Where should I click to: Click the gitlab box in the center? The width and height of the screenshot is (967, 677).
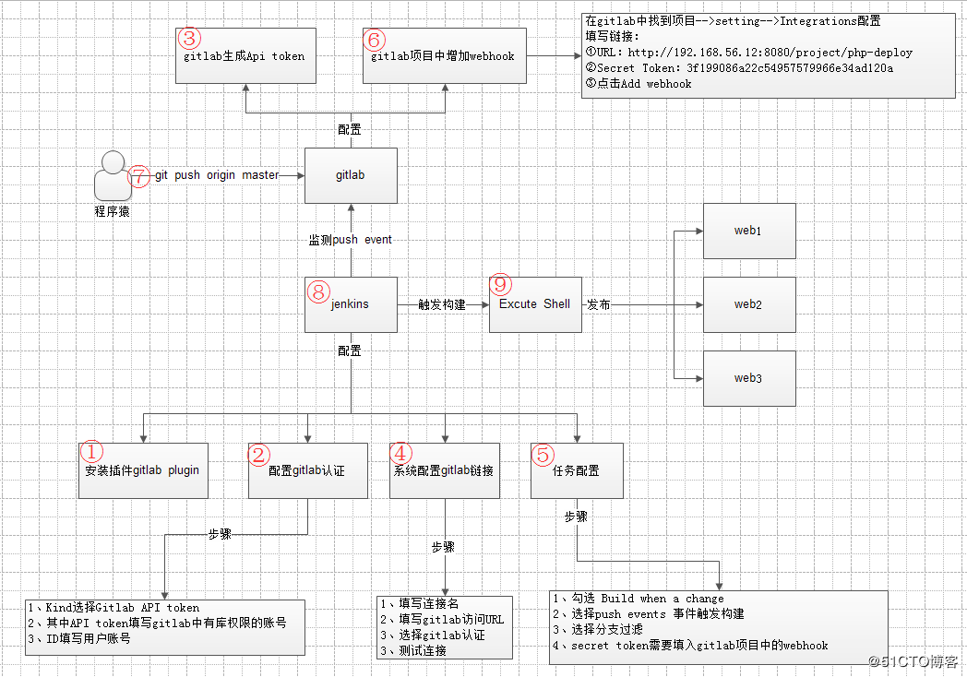(351, 175)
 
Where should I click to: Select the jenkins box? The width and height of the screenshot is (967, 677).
(351, 304)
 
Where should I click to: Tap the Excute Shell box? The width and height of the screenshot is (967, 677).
(534, 304)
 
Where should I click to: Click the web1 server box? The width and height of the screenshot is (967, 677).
(748, 231)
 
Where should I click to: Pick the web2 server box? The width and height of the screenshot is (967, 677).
(748, 304)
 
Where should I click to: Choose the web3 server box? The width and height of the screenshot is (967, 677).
(748, 378)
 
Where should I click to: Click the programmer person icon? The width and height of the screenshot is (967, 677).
(113, 177)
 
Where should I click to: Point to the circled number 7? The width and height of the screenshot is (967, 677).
(138, 175)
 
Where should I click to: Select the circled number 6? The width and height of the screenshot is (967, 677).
(374, 39)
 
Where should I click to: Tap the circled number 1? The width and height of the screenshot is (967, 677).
(93, 452)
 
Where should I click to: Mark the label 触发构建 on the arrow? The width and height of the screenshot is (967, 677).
(442, 304)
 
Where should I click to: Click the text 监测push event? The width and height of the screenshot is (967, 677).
(351, 240)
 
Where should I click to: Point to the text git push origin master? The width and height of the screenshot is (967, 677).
(217, 175)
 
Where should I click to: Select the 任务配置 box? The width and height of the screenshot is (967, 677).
(577, 470)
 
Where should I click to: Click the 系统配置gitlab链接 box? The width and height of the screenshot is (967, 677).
(445, 470)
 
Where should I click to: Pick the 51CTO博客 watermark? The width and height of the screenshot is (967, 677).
(914, 661)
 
